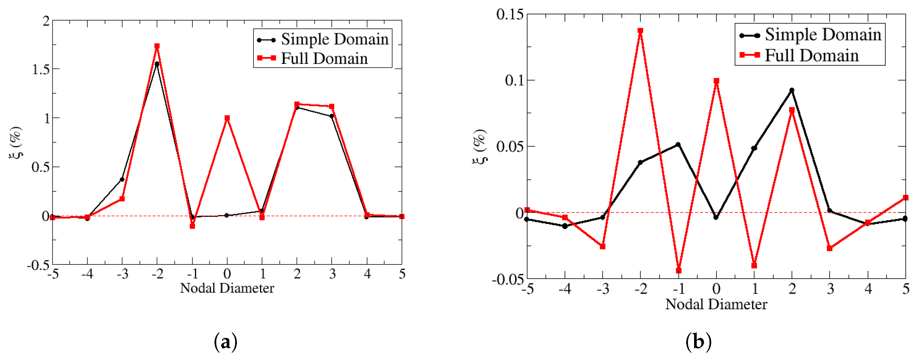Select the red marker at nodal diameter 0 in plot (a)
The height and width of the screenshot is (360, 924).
227,118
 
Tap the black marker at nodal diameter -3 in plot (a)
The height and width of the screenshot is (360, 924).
122,179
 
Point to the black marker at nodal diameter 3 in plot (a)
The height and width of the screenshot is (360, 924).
332,116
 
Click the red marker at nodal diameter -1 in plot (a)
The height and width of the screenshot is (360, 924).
192,226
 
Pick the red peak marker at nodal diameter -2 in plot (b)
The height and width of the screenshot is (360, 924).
640,31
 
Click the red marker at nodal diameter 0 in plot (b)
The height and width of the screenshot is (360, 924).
716,81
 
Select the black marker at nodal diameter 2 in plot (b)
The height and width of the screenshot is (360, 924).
792,90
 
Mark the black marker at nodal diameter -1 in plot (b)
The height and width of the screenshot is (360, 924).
678,144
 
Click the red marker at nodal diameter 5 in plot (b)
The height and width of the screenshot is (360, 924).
906,198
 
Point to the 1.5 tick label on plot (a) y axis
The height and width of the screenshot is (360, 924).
40,69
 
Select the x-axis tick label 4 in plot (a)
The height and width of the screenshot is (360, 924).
367,274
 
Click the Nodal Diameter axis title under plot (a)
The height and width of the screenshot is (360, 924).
227,288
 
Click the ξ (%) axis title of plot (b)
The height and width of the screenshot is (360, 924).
480,146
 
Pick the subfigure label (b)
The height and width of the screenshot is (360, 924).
698,342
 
